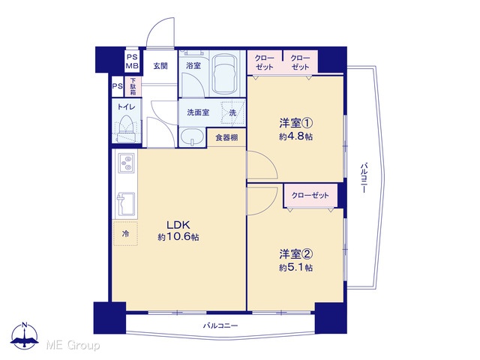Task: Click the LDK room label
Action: click(178, 225)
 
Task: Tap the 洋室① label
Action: click(295, 123)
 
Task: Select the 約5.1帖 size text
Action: click(295, 268)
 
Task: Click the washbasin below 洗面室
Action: click(192, 137)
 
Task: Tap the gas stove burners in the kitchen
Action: click(126, 163)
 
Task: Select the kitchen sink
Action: click(126, 204)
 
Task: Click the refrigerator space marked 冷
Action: click(125, 233)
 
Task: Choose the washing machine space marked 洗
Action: click(233, 112)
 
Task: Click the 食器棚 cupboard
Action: click(226, 138)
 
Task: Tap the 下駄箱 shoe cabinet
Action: click(133, 86)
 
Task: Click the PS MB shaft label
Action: click(133, 61)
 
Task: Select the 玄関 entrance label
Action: click(160, 65)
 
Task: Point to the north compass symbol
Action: click(25, 335)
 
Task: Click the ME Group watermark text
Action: click(73, 345)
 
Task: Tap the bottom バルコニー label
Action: click(220, 325)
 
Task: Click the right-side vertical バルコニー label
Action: click(364, 178)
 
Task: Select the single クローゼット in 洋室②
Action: click(310, 195)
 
